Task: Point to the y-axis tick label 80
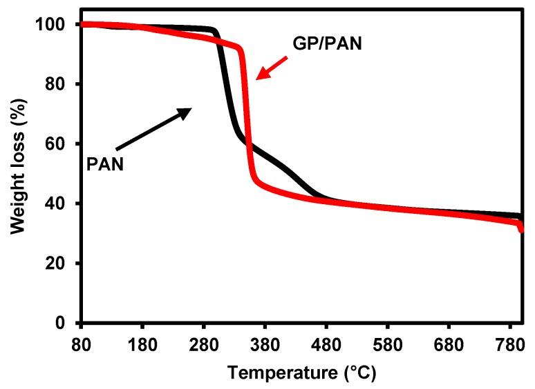[x=59, y=84]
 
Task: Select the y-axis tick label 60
[x=59, y=144]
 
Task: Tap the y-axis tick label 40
[x=59, y=203]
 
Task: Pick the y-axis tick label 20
[x=59, y=263]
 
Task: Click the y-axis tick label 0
[x=64, y=323]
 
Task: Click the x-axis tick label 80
[x=82, y=343]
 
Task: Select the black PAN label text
[x=105, y=164]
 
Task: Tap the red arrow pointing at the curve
[x=271, y=66]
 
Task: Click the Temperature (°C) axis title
[x=302, y=373]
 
